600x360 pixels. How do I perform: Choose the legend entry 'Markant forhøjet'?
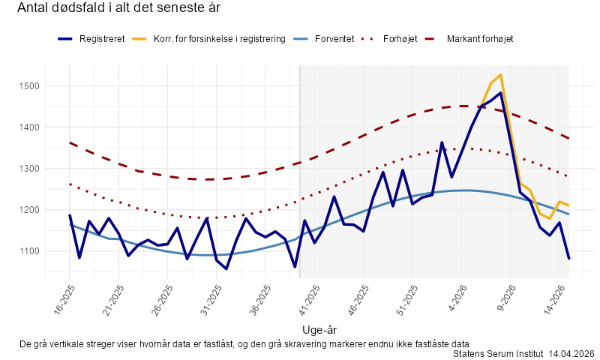tap(479, 38)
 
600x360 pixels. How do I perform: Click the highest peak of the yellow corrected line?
tap(500, 75)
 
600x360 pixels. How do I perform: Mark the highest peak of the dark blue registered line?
tap(500, 93)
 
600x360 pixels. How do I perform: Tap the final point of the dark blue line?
tap(568, 259)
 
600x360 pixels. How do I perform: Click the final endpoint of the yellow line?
tap(568, 205)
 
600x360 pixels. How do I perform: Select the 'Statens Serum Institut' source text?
tap(498, 353)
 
